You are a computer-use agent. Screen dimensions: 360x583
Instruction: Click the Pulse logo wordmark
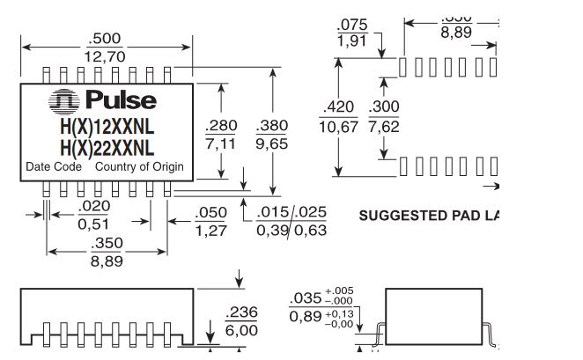(120, 101)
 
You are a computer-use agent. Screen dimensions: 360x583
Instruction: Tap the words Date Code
(54, 166)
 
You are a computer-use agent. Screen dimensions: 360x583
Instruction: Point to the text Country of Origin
(139, 166)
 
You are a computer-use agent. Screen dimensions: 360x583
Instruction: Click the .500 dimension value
(104, 39)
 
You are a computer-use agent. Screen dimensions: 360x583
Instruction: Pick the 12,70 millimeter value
(104, 56)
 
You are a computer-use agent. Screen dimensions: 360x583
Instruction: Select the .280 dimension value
(220, 127)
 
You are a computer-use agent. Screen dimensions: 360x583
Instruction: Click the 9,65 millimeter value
(272, 143)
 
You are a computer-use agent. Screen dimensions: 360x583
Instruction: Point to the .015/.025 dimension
(291, 213)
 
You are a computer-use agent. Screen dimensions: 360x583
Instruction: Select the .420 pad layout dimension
(339, 107)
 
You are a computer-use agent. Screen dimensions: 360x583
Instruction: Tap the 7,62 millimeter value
(383, 125)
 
